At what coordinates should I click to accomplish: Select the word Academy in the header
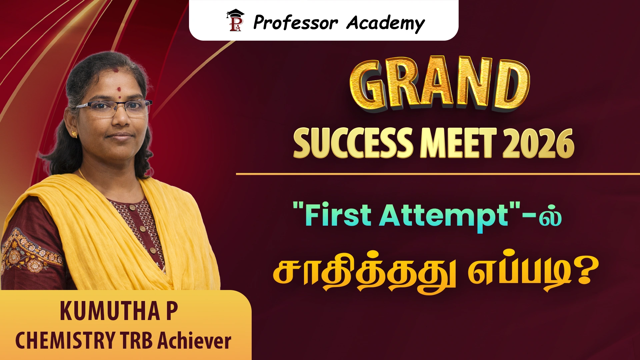pyautogui.click(x=386, y=23)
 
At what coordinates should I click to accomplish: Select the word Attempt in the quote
pyautogui.click(x=443, y=217)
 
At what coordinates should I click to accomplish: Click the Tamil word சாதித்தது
pyautogui.click(x=364, y=273)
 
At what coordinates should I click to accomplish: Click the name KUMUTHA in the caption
pyautogui.click(x=110, y=311)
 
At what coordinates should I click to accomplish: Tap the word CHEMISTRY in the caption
pyautogui.click(x=65, y=340)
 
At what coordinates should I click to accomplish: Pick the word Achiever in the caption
pyautogui.click(x=194, y=340)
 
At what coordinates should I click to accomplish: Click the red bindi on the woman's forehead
pyautogui.click(x=119, y=89)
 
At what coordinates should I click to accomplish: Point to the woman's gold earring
pyautogui.click(x=74, y=134)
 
